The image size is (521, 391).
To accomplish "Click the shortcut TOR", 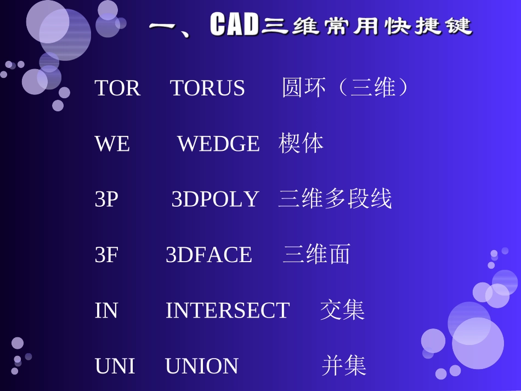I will [117, 88].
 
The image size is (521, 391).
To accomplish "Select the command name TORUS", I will [207, 88].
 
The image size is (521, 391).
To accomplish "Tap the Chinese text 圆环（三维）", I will [345, 88].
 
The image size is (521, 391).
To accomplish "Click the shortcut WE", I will [112, 144].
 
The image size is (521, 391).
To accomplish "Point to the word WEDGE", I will [218, 144].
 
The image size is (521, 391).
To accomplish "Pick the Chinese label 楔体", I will [301, 143].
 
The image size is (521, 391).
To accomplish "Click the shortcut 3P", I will [106, 200].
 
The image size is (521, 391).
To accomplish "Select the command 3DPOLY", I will [215, 200].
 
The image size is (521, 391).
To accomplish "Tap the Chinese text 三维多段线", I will [335, 199].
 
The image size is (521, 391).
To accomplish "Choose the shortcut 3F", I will [106, 255].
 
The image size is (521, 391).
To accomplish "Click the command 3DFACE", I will [209, 255].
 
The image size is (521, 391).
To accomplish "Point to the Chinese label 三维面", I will [316, 254].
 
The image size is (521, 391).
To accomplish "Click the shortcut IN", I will [106, 311].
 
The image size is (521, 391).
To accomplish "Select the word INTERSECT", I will [228, 311].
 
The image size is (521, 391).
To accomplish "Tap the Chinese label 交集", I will [343, 310].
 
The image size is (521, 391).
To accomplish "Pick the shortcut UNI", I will [115, 366].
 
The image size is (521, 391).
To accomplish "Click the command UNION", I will [202, 366].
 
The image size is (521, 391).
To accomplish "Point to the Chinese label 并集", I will [344, 366].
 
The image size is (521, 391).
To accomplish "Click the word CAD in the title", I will [234, 26].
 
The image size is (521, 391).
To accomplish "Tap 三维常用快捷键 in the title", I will [366, 26].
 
